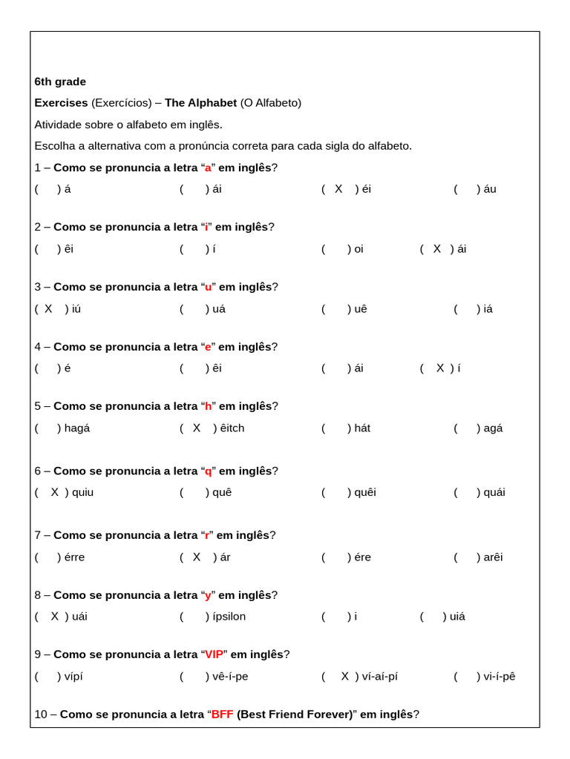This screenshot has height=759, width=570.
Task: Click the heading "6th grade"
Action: (x=60, y=82)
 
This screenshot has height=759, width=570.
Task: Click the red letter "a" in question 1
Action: (x=209, y=168)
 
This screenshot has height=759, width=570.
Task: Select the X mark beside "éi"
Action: (x=338, y=189)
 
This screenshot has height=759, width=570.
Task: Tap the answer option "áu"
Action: (x=490, y=189)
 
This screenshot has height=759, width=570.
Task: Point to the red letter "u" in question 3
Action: (x=209, y=287)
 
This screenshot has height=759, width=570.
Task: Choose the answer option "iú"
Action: (x=76, y=309)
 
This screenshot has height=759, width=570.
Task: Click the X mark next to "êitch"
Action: (x=197, y=428)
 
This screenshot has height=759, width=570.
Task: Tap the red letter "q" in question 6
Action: (x=209, y=471)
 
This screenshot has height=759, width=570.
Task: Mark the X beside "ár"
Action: (x=197, y=557)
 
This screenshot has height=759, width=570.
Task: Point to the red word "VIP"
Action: (x=214, y=654)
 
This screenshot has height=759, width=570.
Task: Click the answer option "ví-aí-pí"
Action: (x=380, y=676)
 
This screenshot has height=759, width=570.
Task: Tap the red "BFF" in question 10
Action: (x=223, y=715)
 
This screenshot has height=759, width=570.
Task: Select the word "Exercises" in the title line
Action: (x=61, y=103)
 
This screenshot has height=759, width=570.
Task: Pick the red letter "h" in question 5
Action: (x=209, y=406)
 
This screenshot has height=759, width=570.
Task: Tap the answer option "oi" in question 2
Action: (x=358, y=249)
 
